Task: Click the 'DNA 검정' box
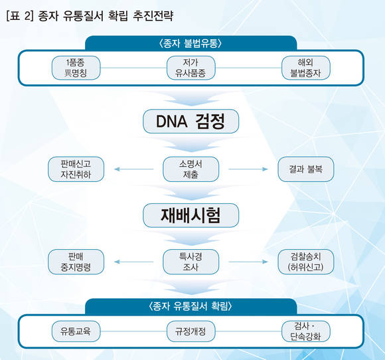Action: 191,122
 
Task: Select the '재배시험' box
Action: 191,215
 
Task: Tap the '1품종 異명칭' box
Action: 76,68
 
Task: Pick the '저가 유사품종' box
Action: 191,68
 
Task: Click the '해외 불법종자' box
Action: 306,68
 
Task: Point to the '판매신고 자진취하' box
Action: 76,169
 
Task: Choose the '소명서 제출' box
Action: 191,169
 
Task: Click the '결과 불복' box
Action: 306,169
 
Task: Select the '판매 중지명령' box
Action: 76,262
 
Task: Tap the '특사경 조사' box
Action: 191,262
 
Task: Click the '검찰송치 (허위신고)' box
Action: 306,262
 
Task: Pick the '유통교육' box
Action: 76,331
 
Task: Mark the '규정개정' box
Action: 191,331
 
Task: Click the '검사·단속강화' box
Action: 306,331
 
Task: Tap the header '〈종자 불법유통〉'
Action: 191,43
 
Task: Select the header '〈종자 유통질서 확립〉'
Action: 191,306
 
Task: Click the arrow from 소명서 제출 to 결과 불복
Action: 248,169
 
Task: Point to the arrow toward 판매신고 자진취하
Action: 134,169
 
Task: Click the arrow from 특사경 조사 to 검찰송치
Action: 248,262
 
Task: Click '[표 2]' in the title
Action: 19,16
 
